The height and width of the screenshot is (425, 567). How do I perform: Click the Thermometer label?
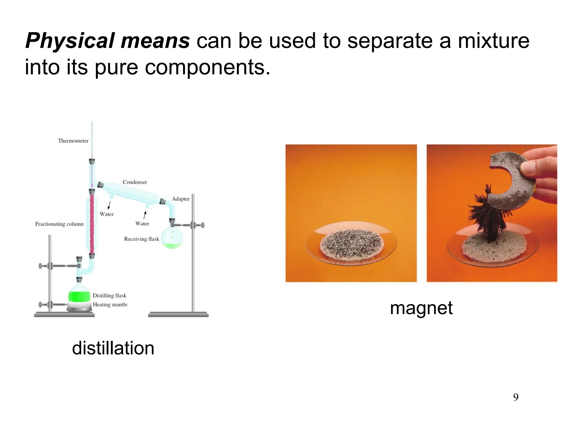click(x=73, y=141)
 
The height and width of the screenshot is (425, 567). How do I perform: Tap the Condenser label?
click(x=135, y=182)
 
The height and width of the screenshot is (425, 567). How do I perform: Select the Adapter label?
click(x=181, y=199)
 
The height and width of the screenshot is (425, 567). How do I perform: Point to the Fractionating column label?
click(x=59, y=224)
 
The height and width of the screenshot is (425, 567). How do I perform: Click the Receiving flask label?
click(x=141, y=239)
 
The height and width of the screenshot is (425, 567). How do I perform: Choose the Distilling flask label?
click(x=109, y=296)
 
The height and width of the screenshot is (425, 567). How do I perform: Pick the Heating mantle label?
click(x=110, y=305)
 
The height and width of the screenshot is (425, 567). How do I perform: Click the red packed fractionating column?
click(x=92, y=224)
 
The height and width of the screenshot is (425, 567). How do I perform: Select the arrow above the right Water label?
click(x=145, y=215)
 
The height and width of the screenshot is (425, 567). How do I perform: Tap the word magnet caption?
click(x=421, y=308)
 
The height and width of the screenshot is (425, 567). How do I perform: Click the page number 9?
click(x=516, y=397)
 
